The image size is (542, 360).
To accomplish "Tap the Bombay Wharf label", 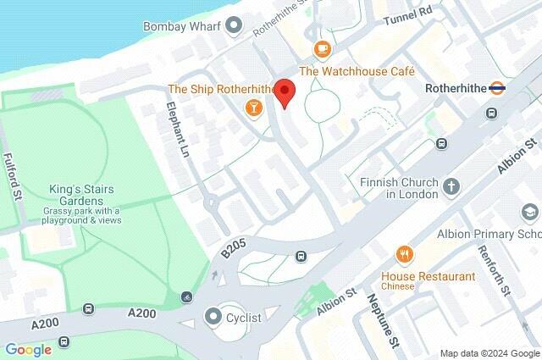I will (x=183, y=26).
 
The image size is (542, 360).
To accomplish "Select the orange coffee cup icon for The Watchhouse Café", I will (x=321, y=49).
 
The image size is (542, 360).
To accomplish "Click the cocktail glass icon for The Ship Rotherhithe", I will (x=252, y=108).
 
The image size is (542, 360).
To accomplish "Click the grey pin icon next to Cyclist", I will (x=213, y=318).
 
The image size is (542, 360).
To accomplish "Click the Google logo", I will (x=28, y=349).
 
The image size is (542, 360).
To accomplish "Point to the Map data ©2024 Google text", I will (x=489, y=353).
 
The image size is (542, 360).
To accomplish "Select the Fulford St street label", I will (x=12, y=177).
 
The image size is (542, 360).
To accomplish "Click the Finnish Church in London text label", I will (x=401, y=188).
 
